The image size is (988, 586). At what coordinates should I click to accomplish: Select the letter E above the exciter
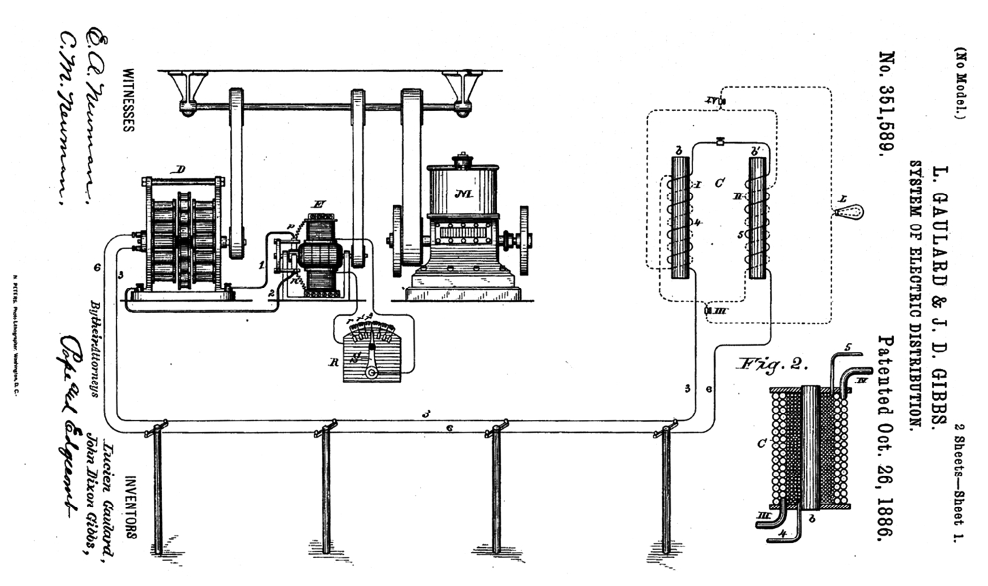point(318,204)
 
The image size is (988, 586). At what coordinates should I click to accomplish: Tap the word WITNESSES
point(128,99)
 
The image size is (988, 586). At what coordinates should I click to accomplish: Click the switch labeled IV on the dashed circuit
point(714,101)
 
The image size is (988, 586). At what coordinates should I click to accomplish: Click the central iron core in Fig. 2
point(809,446)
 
